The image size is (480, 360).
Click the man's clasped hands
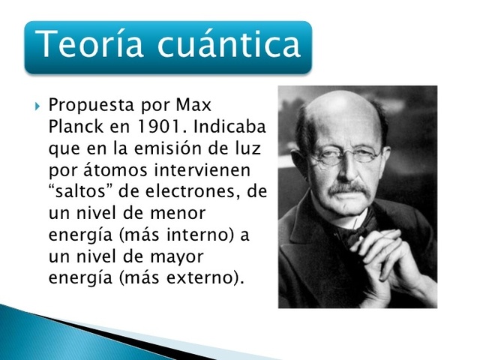pyautogui.click(x=397, y=262)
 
